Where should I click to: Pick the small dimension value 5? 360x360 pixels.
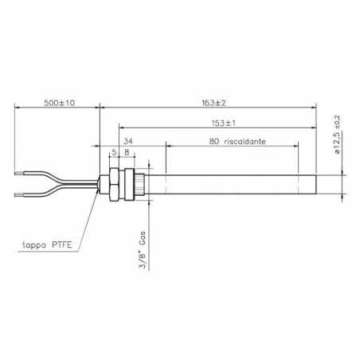(x=115, y=153)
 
